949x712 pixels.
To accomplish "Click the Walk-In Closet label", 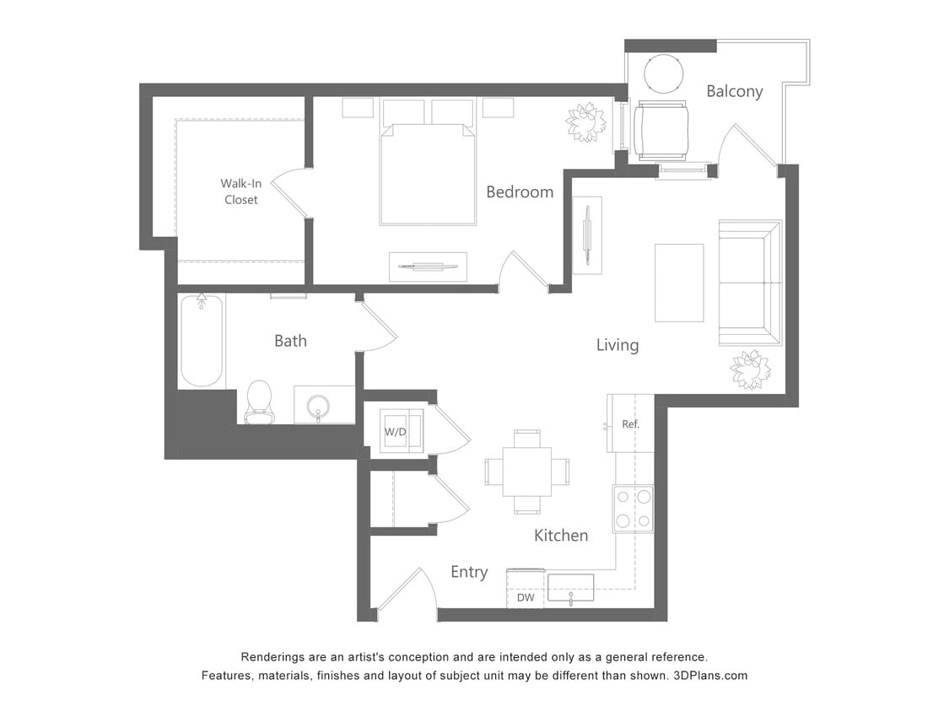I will pos(240,191).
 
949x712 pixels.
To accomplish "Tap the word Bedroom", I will pos(520,192).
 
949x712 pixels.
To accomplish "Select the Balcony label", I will pos(734,91).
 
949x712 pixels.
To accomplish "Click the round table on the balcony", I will pos(664,74).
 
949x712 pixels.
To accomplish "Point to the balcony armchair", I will pos(660,130).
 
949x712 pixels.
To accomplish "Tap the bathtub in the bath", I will pos(202,341).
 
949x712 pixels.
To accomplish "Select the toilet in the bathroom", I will pos(259,402).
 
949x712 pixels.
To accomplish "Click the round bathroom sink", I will pos(319,406).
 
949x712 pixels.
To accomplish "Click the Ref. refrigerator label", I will pos(630,423).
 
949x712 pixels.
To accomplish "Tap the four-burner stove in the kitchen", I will pos(633,509).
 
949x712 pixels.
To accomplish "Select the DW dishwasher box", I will pos(526,596).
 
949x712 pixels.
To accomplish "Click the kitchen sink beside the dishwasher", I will pos(570,587).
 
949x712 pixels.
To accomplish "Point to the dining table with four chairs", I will pos(526,472).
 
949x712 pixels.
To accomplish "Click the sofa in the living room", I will pos(750,283).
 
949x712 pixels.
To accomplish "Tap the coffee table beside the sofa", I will pos(679,283).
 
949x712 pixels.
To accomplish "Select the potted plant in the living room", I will pos(750,369).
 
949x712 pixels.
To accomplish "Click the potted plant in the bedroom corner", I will pos(585,122).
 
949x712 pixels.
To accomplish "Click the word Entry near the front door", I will pos(469,572).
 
